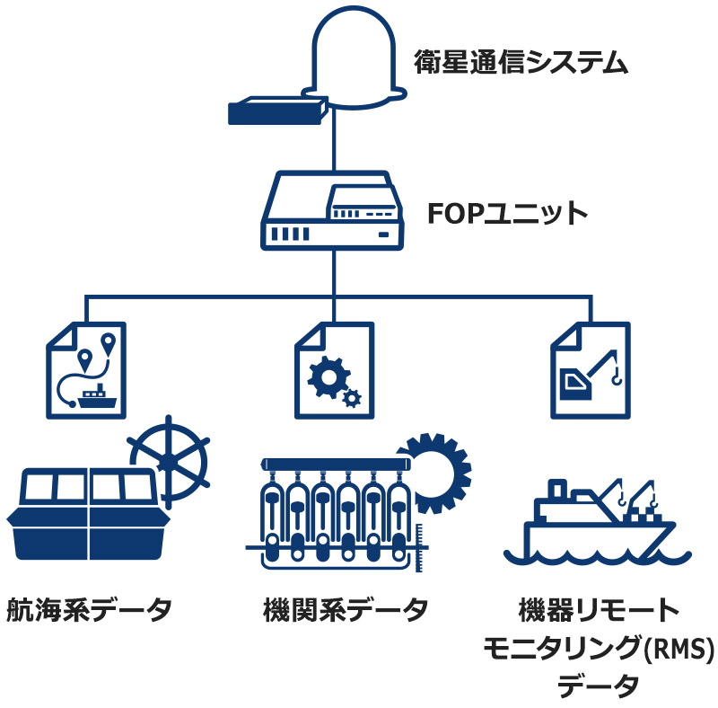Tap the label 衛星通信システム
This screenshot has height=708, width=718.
coord(520,62)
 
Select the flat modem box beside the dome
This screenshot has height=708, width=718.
coord(276,111)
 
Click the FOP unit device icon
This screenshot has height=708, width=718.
coord(333,213)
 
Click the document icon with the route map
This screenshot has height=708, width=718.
coord(86,369)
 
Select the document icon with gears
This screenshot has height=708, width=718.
coord(334,369)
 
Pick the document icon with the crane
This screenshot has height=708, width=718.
coord(591,369)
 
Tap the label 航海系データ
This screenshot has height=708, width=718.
coord(89,611)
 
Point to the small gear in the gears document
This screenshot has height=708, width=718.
coord(353,394)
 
